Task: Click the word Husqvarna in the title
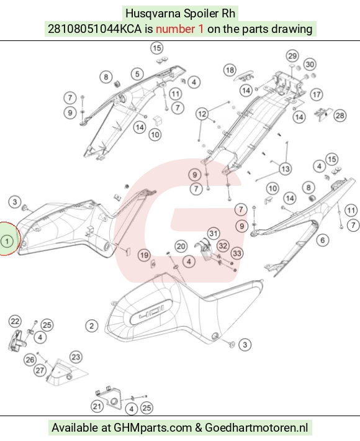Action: [153, 14]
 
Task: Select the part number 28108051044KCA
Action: [95, 29]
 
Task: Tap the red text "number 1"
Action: [179, 29]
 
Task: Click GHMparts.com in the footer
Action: [153, 428]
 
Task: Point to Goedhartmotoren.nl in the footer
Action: [256, 428]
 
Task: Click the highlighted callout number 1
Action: [7, 242]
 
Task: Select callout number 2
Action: [92, 326]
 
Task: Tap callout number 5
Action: [137, 74]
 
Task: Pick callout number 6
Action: [323, 240]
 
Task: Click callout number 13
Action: [286, 169]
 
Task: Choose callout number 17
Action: [317, 94]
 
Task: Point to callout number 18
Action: [230, 70]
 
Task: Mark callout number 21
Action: [97, 406]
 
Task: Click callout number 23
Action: [76, 357]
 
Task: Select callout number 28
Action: [340, 116]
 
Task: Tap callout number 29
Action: [292, 56]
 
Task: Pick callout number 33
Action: [237, 253]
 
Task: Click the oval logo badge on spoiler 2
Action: [151, 312]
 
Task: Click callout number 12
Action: [202, 114]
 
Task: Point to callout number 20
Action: [181, 247]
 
